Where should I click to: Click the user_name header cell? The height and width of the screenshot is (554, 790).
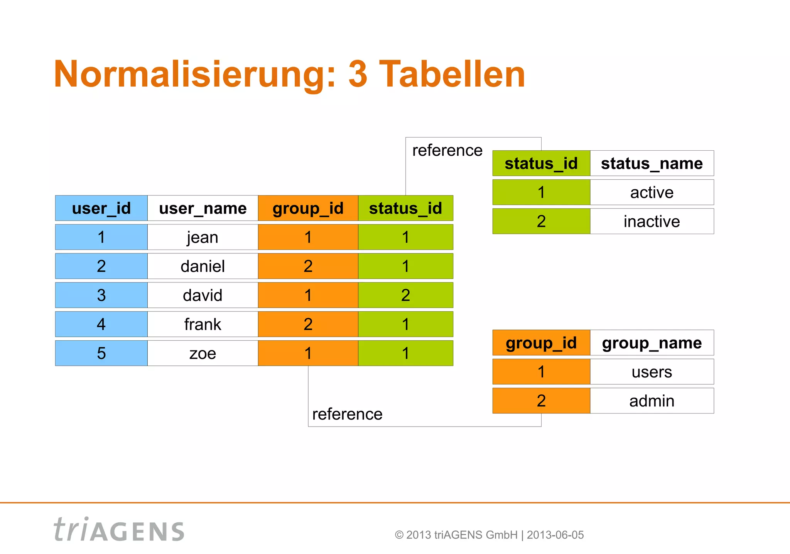(203, 208)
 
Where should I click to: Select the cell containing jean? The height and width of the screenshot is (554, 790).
(203, 237)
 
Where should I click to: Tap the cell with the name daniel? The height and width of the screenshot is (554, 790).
(203, 266)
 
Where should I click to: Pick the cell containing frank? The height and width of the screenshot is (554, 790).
(203, 324)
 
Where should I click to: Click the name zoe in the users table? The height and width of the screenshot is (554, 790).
(203, 353)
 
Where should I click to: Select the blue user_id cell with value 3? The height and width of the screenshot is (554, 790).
(101, 295)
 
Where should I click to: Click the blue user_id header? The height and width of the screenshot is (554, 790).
(101, 208)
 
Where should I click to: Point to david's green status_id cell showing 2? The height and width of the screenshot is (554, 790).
(405, 295)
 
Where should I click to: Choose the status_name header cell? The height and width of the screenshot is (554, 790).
(652, 163)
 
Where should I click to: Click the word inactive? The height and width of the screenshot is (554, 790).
(652, 221)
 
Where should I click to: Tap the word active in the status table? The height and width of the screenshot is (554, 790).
(652, 192)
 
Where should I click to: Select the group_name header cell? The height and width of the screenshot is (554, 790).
(652, 343)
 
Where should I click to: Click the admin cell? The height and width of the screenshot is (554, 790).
(652, 401)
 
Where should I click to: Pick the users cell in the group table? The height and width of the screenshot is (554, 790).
(652, 372)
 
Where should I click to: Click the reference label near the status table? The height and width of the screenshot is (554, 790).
(447, 151)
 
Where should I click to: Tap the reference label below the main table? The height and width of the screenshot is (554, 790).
(347, 414)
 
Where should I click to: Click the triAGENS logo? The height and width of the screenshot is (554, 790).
(119, 530)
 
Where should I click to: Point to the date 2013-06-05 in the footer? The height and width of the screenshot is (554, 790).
(555, 535)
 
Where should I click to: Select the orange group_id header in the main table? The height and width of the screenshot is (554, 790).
(308, 208)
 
